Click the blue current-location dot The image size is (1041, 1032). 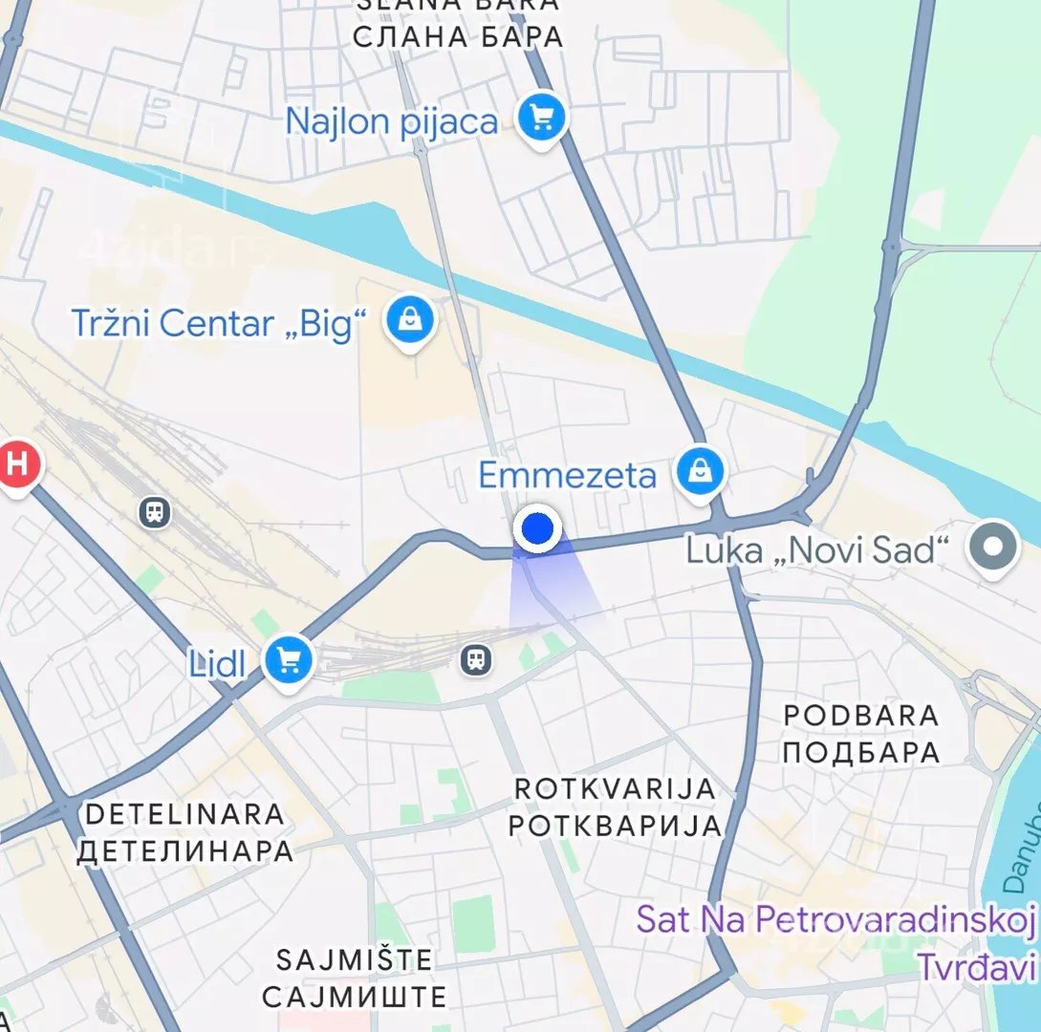[538, 528]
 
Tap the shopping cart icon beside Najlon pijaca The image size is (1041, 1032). [542, 118]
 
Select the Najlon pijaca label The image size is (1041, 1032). [392, 122]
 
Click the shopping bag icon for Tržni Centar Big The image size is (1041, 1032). [410, 321]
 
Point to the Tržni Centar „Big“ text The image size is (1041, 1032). [219, 324]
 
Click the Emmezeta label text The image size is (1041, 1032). [567, 475]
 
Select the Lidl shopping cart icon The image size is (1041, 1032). [289, 660]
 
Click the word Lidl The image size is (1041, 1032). [217, 663]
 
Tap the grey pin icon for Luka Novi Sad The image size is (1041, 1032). [993, 548]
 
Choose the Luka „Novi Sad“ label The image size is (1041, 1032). [818, 550]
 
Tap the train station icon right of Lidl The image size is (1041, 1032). [475, 658]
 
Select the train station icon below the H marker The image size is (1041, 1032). [154, 511]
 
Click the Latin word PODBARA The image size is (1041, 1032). [861, 716]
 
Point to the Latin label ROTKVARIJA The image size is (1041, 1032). [615, 789]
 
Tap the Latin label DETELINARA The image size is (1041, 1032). [185, 814]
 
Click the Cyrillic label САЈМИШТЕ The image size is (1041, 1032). [354, 997]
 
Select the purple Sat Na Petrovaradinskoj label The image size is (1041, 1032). [836, 919]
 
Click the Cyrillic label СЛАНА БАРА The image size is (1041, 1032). [457, 37]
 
